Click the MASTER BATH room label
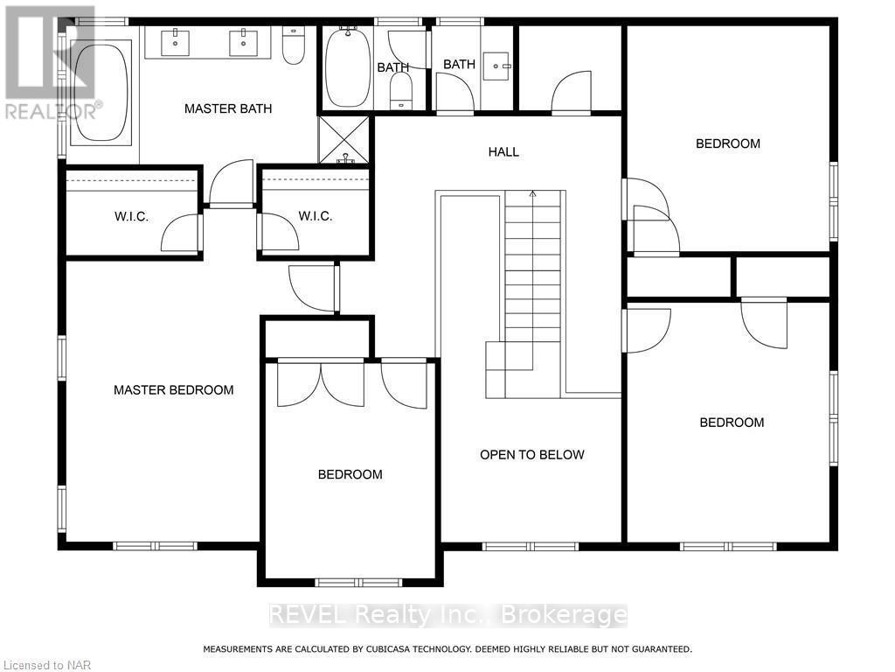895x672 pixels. [x=227, y=108]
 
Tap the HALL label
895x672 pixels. [x=503, y=152]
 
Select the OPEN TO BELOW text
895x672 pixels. [x=531, y=454]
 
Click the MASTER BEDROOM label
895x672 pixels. [x=174, y=389]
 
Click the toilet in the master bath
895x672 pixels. [x=293, y=46]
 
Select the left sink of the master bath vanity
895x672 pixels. [x=176, y=42]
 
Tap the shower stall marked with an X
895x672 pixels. [x=344, y=141]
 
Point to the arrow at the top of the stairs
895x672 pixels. [x=532, y=193]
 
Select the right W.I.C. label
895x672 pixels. [x=315, y=216]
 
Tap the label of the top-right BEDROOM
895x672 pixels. [x=727, y=143]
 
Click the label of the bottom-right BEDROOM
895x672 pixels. [x=732, y=422]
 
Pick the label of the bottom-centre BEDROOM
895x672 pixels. [x=350, y=474]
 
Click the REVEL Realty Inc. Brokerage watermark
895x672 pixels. [x=447, y=615]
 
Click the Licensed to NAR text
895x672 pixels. [x=37, y=665]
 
